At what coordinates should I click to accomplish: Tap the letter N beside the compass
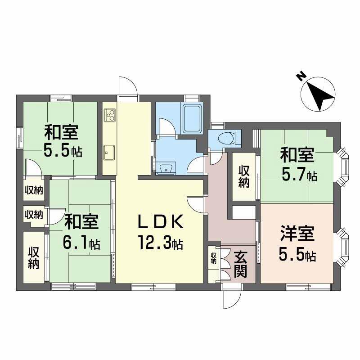point(300,77)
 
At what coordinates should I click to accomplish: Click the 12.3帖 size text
point(160,244)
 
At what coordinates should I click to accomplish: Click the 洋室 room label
point(297,235)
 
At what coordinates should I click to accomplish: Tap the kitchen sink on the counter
point(109,153)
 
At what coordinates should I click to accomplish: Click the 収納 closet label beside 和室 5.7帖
point(244,177)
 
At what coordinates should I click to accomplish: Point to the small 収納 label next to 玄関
point(213,258)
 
